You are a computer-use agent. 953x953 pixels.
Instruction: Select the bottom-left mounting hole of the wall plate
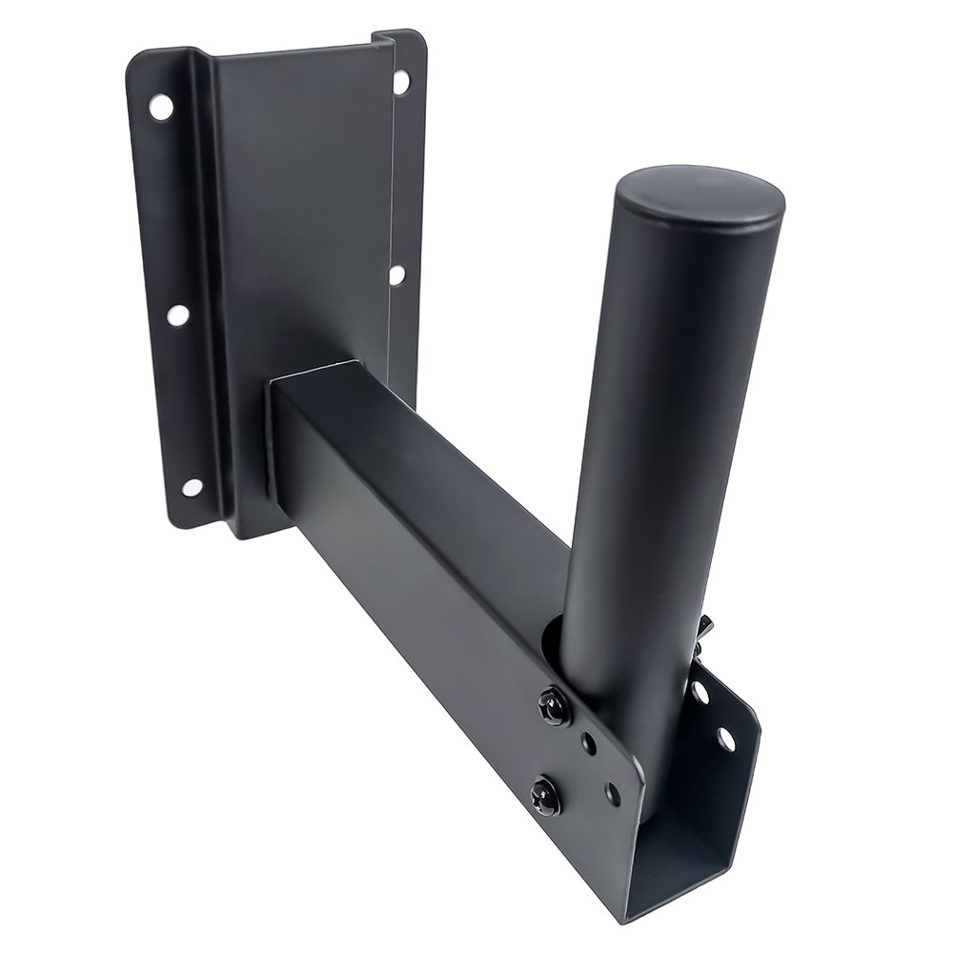193,486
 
